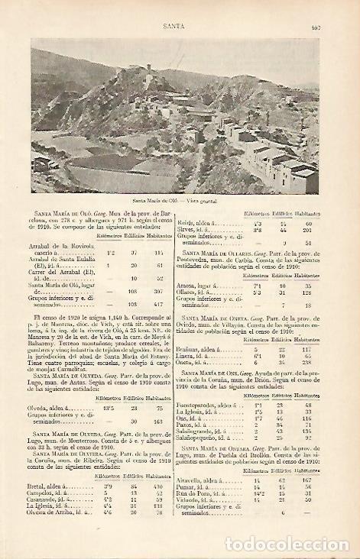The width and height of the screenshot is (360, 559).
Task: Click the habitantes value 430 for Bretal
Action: click(159, 485)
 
